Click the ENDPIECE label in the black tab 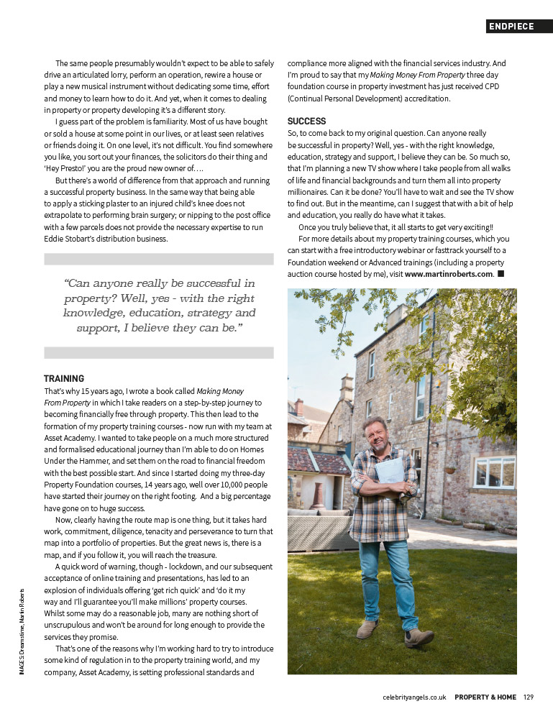[511, 27]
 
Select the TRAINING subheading [64, 378]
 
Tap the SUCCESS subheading [306, 122]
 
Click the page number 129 [529, 697]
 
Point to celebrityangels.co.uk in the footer [415, 697]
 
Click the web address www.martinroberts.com [449, 274]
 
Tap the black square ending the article [501, 274]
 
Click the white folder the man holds [389, 472]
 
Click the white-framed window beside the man [494, 472]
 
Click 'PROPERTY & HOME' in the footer [485, 697]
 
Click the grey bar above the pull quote [158, 259]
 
